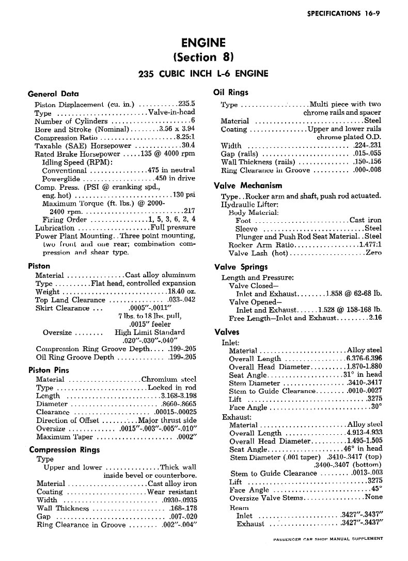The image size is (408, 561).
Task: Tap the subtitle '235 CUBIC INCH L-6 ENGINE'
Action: click(203, 73)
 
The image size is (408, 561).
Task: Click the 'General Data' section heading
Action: click(53, 94)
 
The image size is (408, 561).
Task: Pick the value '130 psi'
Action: click(184, 195)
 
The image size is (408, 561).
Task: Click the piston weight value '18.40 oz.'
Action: click(180, 292)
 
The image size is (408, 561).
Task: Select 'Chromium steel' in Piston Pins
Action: click(169, 379)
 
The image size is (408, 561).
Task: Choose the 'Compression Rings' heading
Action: click(65, 449)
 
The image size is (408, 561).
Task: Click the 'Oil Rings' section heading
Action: click(231, 93)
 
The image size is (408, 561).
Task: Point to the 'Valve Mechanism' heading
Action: click(248, 185)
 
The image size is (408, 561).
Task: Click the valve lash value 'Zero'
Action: click(373, 253)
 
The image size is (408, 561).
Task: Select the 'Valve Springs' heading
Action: click(241, 267)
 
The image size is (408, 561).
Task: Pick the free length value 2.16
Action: click(375, 318)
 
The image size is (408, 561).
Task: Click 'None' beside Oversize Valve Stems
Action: click(373, 497)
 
